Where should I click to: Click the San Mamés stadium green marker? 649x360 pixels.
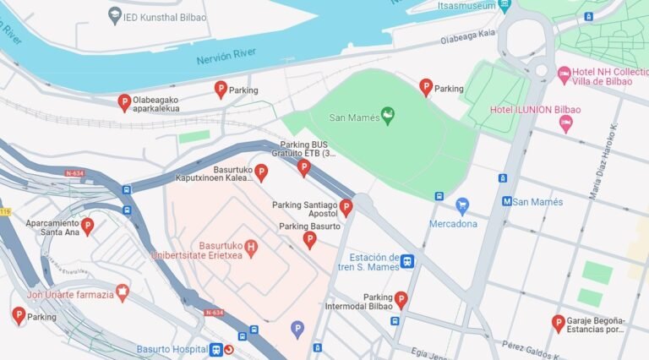[388, 116]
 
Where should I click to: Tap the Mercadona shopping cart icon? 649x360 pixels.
[461, 205]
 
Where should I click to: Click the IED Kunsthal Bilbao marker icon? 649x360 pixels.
[115, 14]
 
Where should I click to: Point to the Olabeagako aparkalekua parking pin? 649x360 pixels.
[123, 102]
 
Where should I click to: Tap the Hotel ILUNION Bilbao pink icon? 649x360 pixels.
[566, 123]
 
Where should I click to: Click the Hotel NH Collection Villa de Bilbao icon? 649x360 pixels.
[564, 75]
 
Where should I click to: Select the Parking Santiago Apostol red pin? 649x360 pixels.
[346, 207]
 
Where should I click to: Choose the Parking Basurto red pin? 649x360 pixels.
[309, 240]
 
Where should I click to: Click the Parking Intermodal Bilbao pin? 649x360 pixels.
[401, 299]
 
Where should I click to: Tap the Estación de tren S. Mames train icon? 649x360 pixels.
[407, 262]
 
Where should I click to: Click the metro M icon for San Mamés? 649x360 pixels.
[507, 202]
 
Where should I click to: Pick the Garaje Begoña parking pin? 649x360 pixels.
[558, 322]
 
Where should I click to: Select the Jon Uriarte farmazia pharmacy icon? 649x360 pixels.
[123, 292]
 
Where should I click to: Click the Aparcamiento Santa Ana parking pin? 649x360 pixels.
[86, 225]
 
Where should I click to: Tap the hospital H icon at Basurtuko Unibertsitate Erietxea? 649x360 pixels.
[250, 245]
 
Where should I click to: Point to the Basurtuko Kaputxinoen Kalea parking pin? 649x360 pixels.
[261, 172]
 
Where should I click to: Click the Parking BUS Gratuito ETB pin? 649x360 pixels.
[304, 167]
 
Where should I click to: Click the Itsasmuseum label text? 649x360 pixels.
[466, 6]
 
